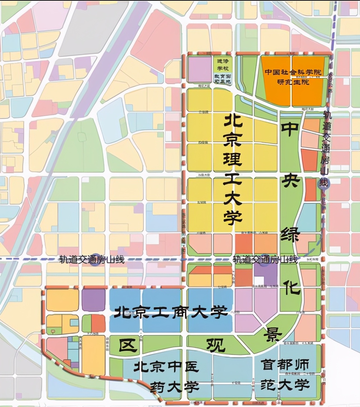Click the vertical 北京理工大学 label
233,170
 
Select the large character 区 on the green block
129,345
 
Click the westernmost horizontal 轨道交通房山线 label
92,260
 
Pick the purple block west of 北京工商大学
93,300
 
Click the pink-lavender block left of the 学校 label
200,70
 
